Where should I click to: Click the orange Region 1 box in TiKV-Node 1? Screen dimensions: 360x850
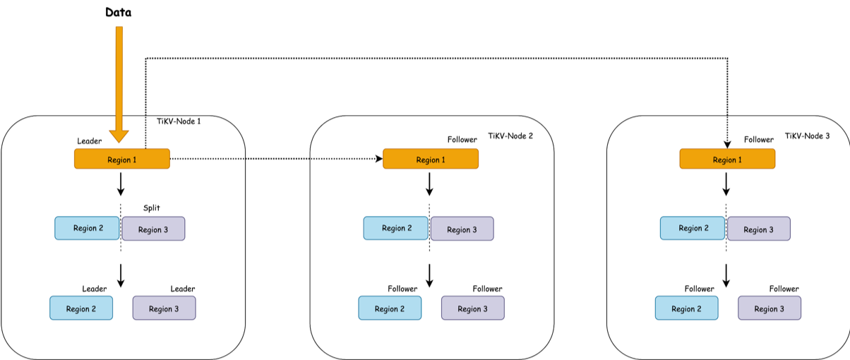[122, 160]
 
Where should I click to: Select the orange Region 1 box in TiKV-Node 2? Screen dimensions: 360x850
[431, 160]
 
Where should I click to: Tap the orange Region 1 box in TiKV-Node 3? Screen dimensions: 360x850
[727, 160]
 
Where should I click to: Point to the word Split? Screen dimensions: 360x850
[152, 208]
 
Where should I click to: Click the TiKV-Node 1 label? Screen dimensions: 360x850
[179, 121]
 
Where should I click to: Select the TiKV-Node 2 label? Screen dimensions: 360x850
[510, 136]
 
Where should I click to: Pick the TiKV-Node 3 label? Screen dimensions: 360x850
[807, 136]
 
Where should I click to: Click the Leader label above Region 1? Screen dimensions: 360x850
[89, 141]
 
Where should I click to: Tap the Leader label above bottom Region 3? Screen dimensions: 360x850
[182, 289]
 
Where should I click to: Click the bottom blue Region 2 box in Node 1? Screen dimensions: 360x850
[81, 308]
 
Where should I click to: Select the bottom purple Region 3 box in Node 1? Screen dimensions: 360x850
[164, 308]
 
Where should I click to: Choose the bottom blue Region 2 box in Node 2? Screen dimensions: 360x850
[390, 308]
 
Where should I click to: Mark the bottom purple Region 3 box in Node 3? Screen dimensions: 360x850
[770, 308]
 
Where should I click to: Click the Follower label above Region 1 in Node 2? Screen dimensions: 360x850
[462, 140]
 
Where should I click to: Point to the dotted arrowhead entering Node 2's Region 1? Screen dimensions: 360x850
[378, 160]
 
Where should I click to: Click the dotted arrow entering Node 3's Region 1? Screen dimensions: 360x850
[727, 134]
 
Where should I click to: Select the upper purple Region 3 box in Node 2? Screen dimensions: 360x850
[462, 229]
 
